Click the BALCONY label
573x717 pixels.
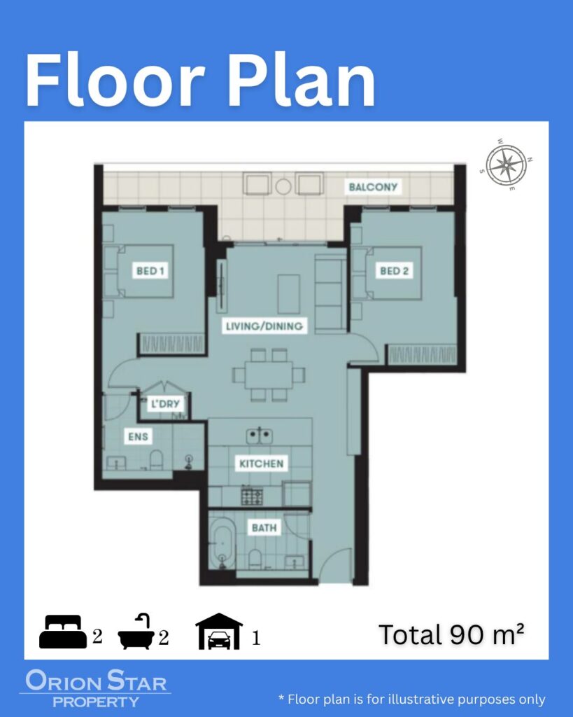pyautogui.click(x=373, y=186)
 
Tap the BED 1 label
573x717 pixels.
pyautogui.click(x=150, y=271)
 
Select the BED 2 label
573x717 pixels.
pyautogui.click(x=394, y=271)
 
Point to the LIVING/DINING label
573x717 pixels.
pyautogui.click(x=264, y=326)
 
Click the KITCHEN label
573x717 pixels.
pyautogui.click(x=262, y=464)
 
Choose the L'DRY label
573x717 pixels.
pyautogui.click(x=165, y=404)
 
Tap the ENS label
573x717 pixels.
pyautogui.click(x=138, y=436)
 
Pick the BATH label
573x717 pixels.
pyautogui.click(x=264, y=528)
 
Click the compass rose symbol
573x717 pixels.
pyautogui.click(x=506, y=165)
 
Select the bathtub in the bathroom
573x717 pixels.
pyautogui.click(x=222, y=547)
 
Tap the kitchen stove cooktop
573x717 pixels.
pyautogui.click(x=253, y=497)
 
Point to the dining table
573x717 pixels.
pyautogui.click(x=269, y=375)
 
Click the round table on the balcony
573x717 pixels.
pyautogui.click(x=283, y=186)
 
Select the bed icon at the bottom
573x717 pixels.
pyautogui.click(x=62, y=632)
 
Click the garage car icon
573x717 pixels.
pyautogui.click(x=219, y=632)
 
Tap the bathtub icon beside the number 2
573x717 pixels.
pyautogui.click(x=136, y=632)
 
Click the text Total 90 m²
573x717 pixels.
pyautogui.click(x=451, y=634)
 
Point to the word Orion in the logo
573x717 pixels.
pyautogui.click(x=64, y=681)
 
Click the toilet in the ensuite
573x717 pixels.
pyautogui.click(x=156, y=459)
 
